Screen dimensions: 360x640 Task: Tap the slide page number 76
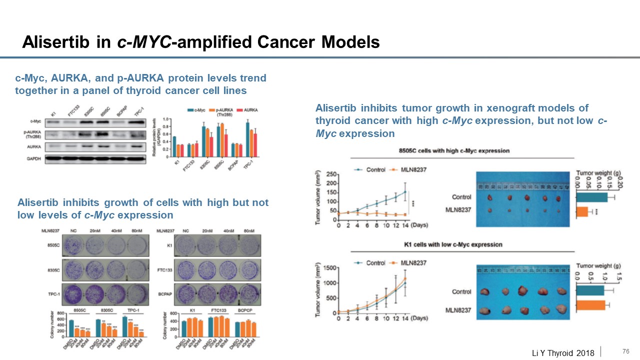coord(625,351)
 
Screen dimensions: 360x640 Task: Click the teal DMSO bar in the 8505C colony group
coord(71,328)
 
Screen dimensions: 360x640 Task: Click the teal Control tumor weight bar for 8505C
coord(592,197)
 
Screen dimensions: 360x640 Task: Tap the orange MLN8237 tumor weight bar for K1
coord(590,305)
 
